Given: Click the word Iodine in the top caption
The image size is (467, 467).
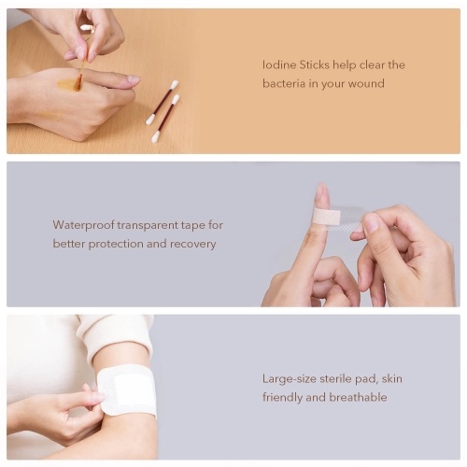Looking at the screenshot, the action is [278, 65].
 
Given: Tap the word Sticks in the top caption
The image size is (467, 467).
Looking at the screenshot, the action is [314, 65].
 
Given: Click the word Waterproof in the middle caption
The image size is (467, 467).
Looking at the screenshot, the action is [83, 225].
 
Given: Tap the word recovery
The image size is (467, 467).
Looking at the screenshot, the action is [192, 244].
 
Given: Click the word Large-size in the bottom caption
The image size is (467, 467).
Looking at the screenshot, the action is [290, 379].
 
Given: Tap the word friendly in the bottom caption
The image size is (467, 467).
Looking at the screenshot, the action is [282, 398].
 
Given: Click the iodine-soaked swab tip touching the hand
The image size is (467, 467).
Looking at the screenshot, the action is [78, 83].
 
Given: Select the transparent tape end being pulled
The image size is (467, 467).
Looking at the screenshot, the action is [353, 218].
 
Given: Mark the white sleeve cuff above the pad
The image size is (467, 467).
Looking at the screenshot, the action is [120, 343].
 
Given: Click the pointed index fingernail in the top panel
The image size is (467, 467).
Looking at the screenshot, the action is [134, 79].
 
